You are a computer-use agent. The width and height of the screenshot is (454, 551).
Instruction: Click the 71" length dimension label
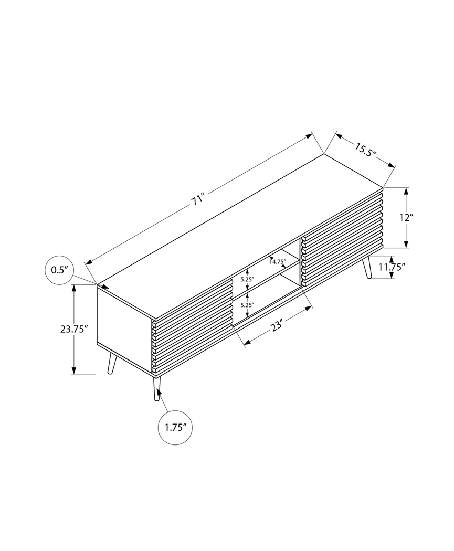coord(197,200)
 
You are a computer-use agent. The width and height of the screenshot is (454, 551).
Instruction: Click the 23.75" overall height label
coord(73,330)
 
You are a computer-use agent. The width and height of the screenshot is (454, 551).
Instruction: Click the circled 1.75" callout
coord(175,427)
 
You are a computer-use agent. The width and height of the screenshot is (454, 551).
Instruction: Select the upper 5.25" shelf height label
coord(247,279)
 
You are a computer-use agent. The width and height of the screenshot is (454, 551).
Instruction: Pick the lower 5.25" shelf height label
coord(247,305)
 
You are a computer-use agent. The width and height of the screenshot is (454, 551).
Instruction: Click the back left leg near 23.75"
coord(111,364)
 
